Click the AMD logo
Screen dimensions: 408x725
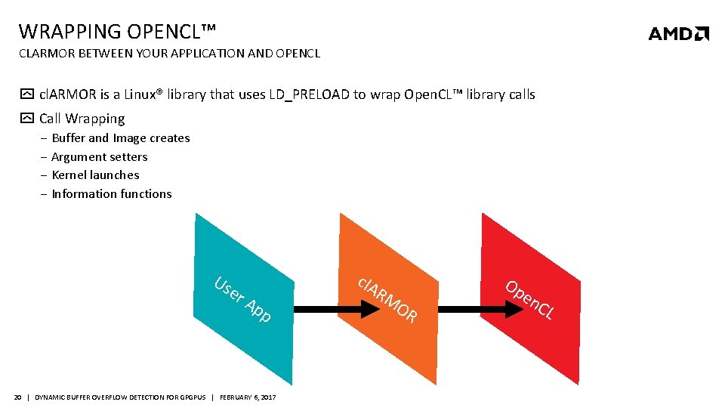click(x=678, y=33)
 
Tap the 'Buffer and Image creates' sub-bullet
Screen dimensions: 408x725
click(x=121, y=138)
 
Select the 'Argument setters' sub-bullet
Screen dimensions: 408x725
click(x=100, y=157)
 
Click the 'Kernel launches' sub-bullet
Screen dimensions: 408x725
click(x=95, y=175)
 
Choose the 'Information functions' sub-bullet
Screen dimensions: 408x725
click(x=112, y=194)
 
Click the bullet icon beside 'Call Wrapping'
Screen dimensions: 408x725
click(x=27, y=119)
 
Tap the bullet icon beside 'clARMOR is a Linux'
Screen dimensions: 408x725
click(x=27, y=95)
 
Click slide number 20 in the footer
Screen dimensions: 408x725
click(x=18, y=397)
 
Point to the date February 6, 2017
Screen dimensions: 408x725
click(x=248, y=397)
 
